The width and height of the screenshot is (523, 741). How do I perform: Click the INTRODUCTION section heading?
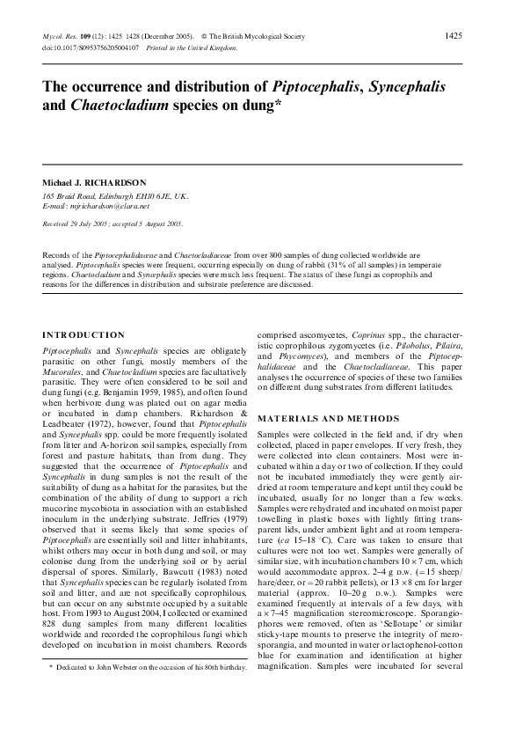(84, 334)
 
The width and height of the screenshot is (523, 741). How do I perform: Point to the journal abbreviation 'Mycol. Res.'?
(61, 36)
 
